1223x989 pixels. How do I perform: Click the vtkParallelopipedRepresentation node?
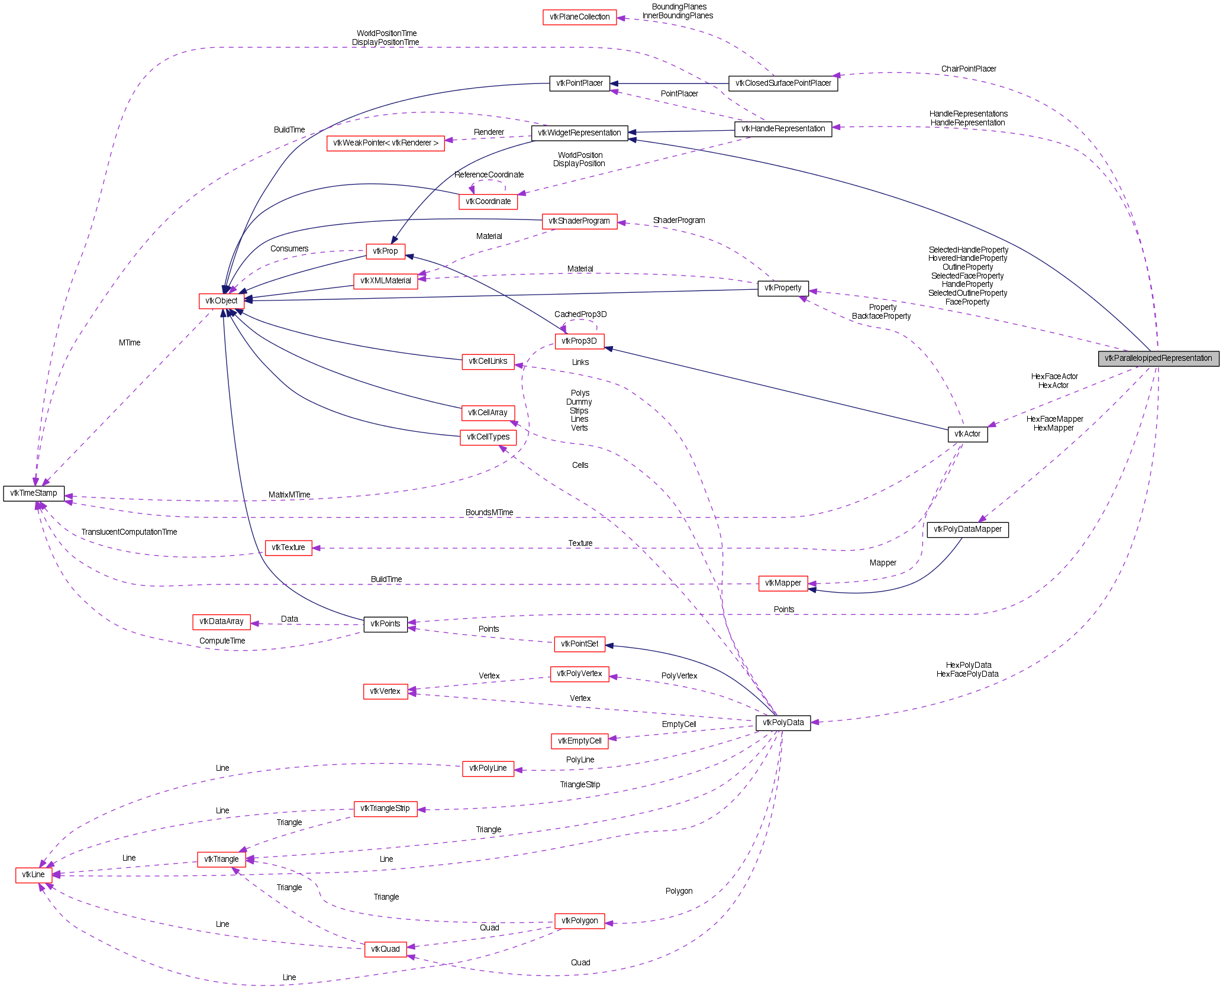(x=1158, y=358)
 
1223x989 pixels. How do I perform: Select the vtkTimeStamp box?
(x=34, y=493)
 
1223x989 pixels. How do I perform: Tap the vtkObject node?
(x=221, y=300)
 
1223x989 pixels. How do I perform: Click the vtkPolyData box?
(x=783, y=722)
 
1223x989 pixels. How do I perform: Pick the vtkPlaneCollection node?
(x=579, y=17)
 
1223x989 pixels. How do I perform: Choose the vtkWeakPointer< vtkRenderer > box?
(x=385, y=143)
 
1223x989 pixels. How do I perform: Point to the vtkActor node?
(x=967, y=434)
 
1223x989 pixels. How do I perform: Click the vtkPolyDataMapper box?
(x=967, y=529)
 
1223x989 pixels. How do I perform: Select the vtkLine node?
(x=33, y=874)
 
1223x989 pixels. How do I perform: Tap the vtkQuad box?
(x=385, y=949)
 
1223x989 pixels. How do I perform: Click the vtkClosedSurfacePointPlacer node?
(x=783, y=83)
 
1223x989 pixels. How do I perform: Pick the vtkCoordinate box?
(x=488, y=201)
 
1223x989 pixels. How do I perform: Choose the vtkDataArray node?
(x=221, y=621)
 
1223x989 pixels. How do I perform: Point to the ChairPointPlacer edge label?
(x=969, y=69)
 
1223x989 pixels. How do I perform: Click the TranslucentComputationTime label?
(x=129, y=532)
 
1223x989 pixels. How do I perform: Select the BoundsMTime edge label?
(x=489, y=512)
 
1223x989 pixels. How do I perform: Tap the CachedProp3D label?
(x=580, y=314)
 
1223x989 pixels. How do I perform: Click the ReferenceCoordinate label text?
(x=489, y=174)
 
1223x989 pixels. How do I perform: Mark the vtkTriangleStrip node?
(x=385, y=808)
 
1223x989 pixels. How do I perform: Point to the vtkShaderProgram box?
(x=579, y=221)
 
